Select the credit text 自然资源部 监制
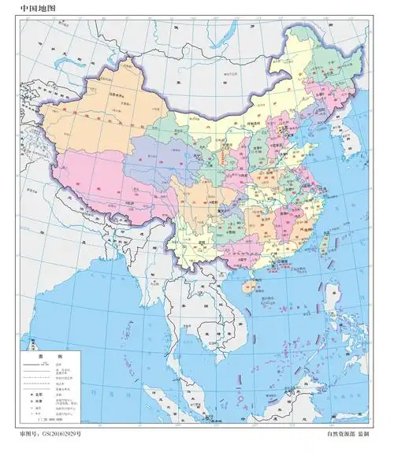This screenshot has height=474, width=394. [348, 456]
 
